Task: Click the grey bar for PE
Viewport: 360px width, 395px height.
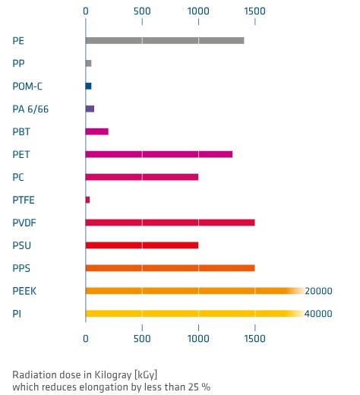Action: (x=164, y=40)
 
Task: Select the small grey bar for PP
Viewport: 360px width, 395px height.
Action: (x=88, y=63)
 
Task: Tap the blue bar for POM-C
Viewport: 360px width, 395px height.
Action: (x=88, y=86)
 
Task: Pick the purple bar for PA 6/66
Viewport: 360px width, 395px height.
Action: (x=90, y=109)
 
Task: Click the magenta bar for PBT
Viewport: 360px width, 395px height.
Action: (x=96, y=131)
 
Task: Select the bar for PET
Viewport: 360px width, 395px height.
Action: (x=159, y=154)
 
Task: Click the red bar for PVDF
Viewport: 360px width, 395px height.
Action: (x=169, y=223)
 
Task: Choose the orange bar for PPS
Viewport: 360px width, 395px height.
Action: (x=169, y=268)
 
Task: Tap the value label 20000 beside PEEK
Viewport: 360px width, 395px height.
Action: (x=319, y=291)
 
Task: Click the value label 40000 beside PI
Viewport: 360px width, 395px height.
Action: (x=319, y=314)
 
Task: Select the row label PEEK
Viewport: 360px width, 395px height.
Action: (x=25, y=291)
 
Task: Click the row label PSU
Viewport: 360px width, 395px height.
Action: (x=22, y=245)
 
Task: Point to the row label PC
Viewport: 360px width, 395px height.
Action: (x=19, y=177)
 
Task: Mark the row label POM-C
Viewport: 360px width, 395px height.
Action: (x=28, y=86)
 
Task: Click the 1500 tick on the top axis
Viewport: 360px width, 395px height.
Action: (x=254, y=11)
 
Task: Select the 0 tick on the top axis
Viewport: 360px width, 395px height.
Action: (x=86, y=11)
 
